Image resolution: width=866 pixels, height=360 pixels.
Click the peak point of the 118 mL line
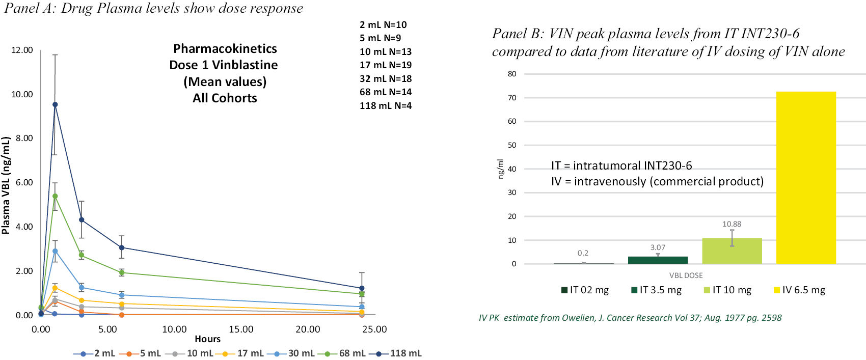point(55,104)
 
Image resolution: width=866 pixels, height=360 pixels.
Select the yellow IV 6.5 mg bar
point(806,178)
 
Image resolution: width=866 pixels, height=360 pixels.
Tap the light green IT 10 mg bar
point(732,251)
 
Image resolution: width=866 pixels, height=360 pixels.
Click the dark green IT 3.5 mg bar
point(658,260)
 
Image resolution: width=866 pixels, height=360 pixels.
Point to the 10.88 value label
point(732,224)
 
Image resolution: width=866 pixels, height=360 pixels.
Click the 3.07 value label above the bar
point(658,247)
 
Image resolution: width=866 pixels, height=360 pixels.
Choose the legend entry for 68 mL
point(346,353)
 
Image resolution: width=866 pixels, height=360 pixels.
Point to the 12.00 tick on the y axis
point(22,50)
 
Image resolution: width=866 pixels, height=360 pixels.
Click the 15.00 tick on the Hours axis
point(241,329)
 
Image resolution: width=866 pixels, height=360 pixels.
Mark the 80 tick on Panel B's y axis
point(512,74)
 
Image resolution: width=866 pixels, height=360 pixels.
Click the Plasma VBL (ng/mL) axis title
point(6,185)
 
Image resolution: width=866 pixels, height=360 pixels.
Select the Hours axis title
point(207,339)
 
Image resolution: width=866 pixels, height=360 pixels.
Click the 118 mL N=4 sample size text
point(385,106)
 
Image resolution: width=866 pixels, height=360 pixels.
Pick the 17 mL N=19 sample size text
point(385,65)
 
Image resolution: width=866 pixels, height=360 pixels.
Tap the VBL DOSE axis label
point(686,275)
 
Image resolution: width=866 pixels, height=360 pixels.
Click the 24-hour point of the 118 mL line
point(362,288)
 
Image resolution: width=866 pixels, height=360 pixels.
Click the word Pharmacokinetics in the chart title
point(225,49)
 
